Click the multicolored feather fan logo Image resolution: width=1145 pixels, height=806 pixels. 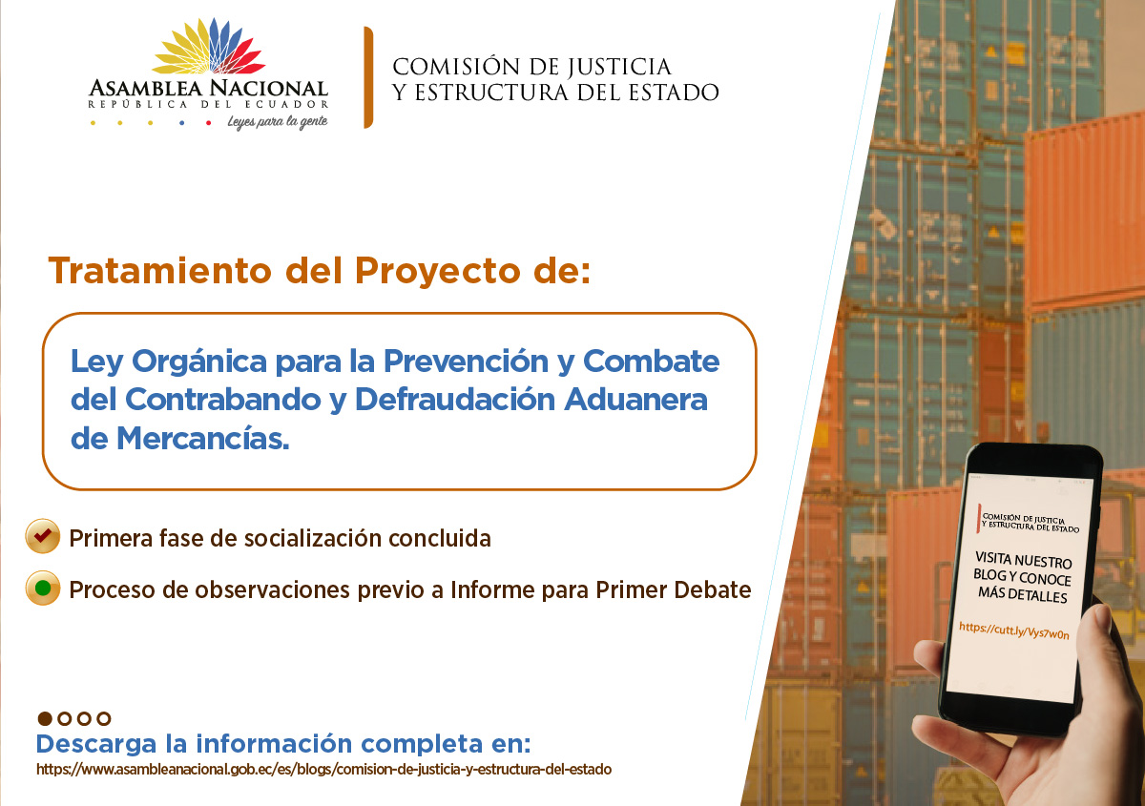(x=209, y=47)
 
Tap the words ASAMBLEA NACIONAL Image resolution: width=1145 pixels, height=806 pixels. (x=209, y=89)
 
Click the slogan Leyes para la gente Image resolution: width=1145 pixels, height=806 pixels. (x=278, y=122)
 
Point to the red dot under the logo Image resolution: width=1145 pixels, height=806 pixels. (x=209, y=123)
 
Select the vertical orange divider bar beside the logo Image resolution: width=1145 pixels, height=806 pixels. (x=368, y=77)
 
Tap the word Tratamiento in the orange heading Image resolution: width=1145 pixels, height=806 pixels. (x=160, y=270)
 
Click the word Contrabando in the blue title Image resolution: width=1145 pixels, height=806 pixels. (x=222, y=399)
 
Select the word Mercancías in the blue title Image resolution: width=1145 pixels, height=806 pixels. (x=203, y=439)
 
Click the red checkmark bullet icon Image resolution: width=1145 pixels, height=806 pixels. (x=43, y=536)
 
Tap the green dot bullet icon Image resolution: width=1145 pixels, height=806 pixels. (x=43, y=588)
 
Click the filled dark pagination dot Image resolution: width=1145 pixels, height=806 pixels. (x=45, y=718)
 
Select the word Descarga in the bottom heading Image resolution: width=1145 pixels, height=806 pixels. (x=96, y=745)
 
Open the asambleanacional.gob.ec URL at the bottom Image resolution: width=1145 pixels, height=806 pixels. (x=323, y=770)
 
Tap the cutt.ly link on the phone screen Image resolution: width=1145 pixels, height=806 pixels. (x=1014, y=630)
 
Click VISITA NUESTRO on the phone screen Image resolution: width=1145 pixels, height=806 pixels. (x=1023, y=560)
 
